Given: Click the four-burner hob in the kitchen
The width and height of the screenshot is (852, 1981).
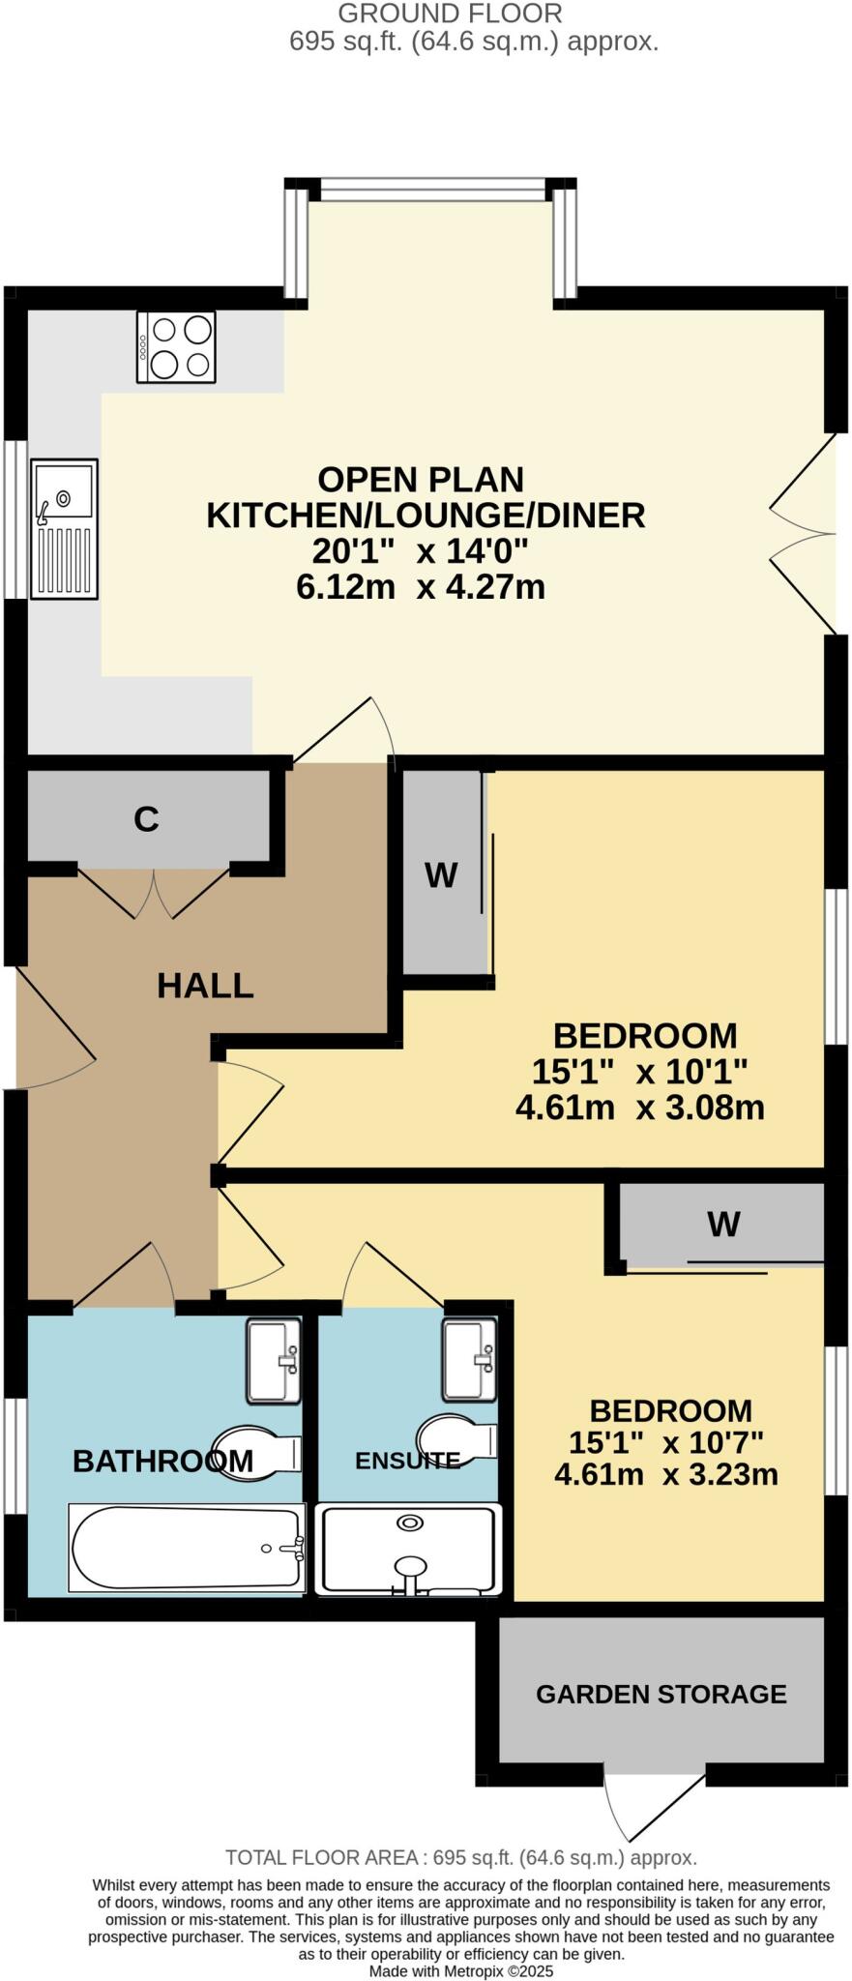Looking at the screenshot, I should [176, 347].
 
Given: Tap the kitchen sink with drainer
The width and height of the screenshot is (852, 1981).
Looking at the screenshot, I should [64, 529].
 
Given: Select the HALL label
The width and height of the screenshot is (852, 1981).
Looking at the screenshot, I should [205, 986].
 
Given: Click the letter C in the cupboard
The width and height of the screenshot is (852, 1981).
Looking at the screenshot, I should [146, 819].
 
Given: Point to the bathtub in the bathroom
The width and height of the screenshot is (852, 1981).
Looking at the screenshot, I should [187, 1548].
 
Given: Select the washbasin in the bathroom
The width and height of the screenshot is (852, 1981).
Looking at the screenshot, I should [275, 1360].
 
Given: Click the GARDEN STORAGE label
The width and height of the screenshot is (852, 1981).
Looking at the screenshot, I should [661, 1694].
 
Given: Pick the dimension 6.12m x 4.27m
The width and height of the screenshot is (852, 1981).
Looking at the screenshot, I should [420, 587].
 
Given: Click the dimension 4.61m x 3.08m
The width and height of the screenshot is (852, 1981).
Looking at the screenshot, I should [639, 1107].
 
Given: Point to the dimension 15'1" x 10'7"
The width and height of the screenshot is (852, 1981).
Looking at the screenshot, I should [665, 1442].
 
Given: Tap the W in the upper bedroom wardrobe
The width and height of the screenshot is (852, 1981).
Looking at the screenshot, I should [441, 875].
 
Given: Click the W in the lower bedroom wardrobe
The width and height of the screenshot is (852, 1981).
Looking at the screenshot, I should [723, 1225].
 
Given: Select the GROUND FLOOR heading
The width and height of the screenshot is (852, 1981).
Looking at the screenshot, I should [449, 14].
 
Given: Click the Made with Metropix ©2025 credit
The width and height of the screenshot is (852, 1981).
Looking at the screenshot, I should [460, 1970].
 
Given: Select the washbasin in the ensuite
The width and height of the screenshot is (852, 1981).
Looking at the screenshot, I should [469, 1360].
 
